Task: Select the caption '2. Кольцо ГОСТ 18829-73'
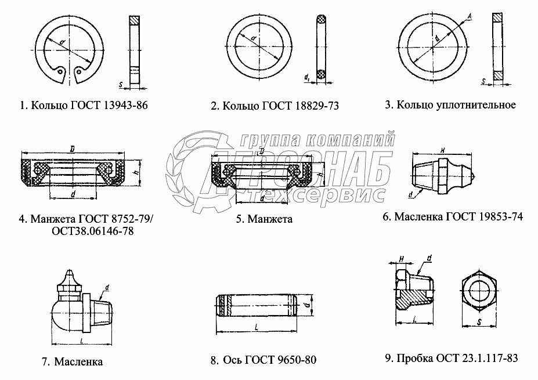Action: [x=275, y=106]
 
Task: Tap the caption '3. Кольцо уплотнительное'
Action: [x=450, y=105]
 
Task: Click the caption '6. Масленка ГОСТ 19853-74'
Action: [x=452, y=217]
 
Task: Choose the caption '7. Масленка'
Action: [x=72, y=361]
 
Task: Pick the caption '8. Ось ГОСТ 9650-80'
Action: [x=263, y=360]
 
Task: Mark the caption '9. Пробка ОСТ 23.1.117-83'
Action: [x=450, y=357]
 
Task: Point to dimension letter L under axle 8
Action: [x=256, y=328]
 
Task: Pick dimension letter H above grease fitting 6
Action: [x=442, y=150]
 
